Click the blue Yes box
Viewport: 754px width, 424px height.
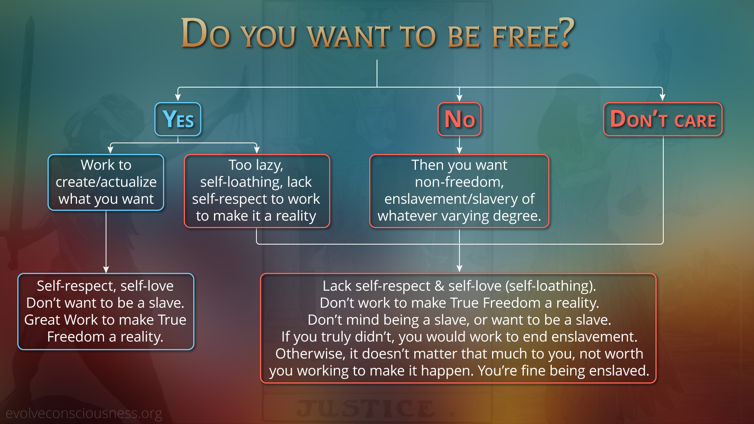tap(178, 119)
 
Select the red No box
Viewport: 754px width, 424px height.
tap(459, 119)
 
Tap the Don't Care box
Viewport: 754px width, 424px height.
tap(663, 119)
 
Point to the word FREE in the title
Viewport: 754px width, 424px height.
tap(525, 37)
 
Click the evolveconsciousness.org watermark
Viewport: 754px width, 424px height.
tap(84, 413)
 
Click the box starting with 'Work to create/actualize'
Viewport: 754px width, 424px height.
tap(106, 182)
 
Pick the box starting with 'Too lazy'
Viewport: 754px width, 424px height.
tap(257, 191)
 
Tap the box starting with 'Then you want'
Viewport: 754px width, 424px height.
tap(459, 191)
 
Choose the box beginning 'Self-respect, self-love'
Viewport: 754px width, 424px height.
tap(106, 311)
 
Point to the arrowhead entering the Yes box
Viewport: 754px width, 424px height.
tap(178, 97)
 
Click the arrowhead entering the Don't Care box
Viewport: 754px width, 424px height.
tap(662, 97)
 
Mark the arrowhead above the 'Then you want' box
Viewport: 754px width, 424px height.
tap(459, 150)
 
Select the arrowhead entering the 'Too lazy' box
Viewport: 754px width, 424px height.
tap(257, 150)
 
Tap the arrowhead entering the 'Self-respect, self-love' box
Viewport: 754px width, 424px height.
tap(106, 269)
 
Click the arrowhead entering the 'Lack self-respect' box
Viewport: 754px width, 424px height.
tap(459, 269)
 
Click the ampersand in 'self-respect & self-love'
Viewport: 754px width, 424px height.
tap(439, 286)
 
